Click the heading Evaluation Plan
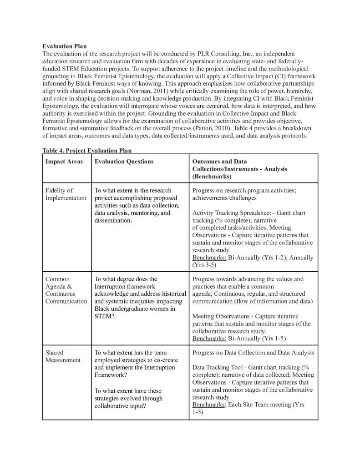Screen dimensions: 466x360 64,46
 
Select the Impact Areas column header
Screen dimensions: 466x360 64,162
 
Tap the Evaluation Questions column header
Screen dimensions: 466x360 124,162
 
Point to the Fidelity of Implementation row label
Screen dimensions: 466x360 66,194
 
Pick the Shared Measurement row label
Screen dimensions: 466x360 63,356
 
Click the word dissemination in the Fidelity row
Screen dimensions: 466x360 113,220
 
